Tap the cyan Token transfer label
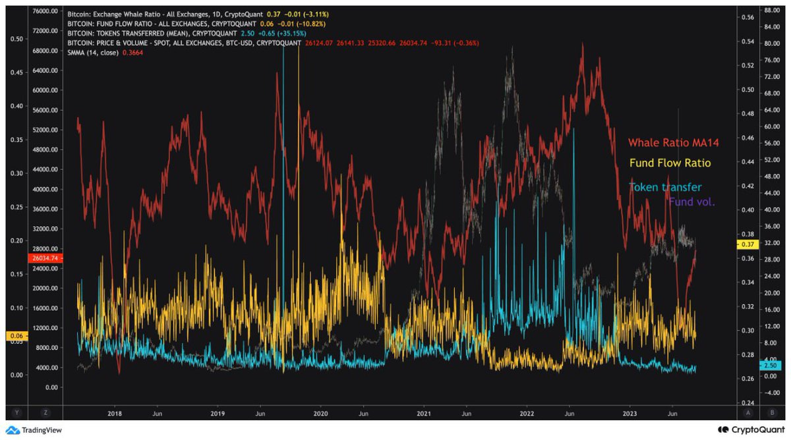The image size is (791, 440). point(665,187)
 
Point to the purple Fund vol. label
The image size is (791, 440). point(691,202)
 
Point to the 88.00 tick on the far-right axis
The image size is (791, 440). point(771,11)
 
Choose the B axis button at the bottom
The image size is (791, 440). point(772,413)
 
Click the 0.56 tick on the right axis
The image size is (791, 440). point(747,18)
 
